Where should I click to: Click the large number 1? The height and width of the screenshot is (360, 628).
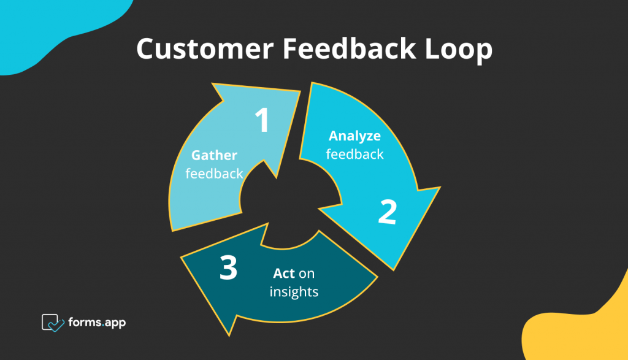(262, 120)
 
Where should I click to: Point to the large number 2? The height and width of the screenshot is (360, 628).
(387, 212)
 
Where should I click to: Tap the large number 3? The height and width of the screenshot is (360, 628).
(228, 268)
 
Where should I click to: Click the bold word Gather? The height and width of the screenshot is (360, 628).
(214, 155)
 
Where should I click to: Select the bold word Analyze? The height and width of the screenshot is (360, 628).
(354, 136)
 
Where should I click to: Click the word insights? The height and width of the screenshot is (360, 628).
(294, 291)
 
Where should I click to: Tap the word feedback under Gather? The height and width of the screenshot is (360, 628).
(214, 174)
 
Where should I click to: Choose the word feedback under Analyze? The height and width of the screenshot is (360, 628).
(354, 153)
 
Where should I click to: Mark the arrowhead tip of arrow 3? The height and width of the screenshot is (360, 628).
(182, 257)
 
